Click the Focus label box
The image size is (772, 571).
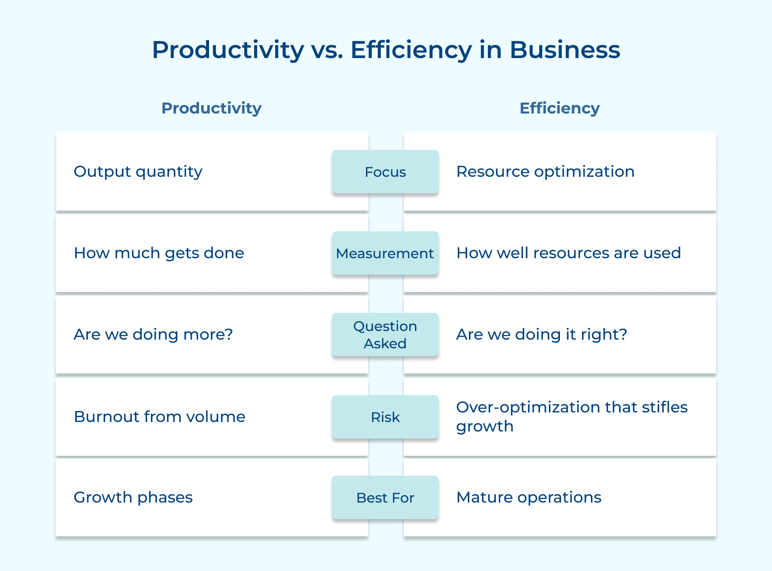tap(385, 172)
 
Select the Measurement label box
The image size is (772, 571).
tap(385, 253)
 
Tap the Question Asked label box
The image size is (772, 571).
tap(385, 335)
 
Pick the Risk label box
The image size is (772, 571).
tap(385, 417)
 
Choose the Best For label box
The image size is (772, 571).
tap(385, 498)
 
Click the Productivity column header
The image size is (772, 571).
tap(211, 108)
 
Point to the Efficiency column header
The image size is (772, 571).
tap(559, 108)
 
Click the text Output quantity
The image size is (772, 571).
tap(138, 172)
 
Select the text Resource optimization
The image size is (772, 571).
tap(545, 172)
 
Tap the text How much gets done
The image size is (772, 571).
tap(159, 253)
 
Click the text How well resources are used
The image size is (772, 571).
tap(568, 253)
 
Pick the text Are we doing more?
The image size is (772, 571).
tap(153, 334)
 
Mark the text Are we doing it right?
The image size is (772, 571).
tap(542, 334)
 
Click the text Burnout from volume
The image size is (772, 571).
tap(159, 417)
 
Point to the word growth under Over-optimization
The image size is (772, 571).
tap(485, 427)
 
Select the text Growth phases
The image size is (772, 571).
tap(133, 497)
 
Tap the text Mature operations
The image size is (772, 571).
tap(529, 497)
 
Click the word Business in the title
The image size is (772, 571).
tap(565, 50)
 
